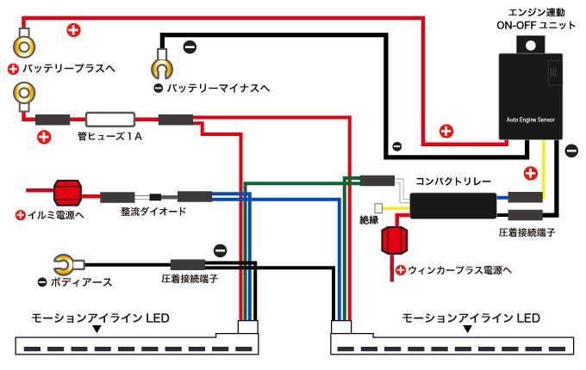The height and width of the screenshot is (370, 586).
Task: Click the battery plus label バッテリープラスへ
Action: pos(68,68)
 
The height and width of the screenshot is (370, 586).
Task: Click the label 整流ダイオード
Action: pos(153,212)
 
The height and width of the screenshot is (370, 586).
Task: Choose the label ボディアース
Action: pos(79,282)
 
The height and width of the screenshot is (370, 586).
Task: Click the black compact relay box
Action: pos(452,206)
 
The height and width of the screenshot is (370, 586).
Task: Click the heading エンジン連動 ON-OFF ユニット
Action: pos(536,21)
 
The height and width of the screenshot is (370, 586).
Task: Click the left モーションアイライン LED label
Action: pos(99,318)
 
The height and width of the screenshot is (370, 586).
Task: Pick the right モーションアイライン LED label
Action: pos(471,318)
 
